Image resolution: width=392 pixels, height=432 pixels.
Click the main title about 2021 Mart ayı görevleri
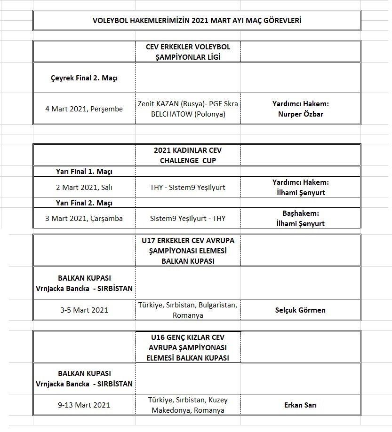click(x=197, y=21)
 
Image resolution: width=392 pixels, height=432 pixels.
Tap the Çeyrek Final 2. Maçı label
click(x=84, y=78)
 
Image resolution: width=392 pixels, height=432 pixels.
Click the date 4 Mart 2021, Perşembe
click(x=84, y=109)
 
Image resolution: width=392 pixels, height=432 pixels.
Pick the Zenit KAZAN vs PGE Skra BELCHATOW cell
click(x=187, y=109)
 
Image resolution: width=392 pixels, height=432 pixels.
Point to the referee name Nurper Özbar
click(x=300, y=114)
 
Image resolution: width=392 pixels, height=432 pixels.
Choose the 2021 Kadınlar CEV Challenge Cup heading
click(x=187, y=155)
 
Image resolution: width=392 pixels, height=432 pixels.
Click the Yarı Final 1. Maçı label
click(x=84, y=172)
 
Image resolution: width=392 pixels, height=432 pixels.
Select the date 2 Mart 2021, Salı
click(x=84, y=187)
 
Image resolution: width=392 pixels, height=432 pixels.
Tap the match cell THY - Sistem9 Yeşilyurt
click(x=187, y=187)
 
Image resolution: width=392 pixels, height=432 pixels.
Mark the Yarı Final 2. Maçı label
click(x=84, y=203)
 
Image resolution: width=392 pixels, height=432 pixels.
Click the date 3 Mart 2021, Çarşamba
click(x=84, y=219)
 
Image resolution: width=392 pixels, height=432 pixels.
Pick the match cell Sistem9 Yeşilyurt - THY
click(x=187, y=219)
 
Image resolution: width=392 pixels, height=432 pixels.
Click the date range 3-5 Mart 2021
click(x=84, y=310)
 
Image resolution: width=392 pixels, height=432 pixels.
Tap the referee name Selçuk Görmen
click(x=300, y=310)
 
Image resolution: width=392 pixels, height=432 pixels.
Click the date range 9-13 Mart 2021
click(x=84, y=405)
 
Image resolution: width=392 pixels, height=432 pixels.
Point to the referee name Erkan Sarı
click(x=300, y=405)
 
